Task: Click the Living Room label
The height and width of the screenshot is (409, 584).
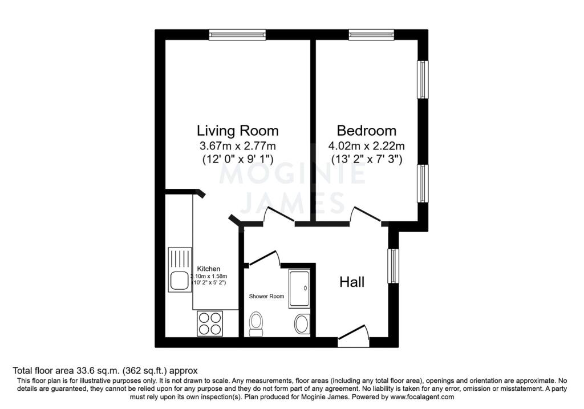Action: click(238, 131)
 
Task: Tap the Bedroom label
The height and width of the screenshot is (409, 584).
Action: click(367, 131)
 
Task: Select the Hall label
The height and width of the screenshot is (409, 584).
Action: click(352, 282)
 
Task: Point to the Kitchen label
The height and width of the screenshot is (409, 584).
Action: click(209, 269)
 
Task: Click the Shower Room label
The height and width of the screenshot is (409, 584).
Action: click(266, 297)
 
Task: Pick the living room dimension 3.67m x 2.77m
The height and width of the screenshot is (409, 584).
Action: click(238, 145)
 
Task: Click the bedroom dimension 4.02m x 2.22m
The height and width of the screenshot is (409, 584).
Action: click(367, 145)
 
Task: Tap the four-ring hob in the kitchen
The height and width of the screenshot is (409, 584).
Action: click(210, 323)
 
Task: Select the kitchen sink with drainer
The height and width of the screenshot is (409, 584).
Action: click(180, 270)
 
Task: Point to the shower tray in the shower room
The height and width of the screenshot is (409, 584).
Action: click(299, 289)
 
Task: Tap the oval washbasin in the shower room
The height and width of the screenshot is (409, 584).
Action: click(301, 324)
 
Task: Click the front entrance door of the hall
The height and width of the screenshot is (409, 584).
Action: click(354, 334)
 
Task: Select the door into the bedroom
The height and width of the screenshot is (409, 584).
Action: click(366, 216)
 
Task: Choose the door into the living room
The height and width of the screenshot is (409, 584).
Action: click(279, 216)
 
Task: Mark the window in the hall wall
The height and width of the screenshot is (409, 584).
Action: click(393, 266)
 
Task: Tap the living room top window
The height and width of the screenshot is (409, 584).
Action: click(238, 35)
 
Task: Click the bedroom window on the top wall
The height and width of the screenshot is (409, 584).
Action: click(371, 35)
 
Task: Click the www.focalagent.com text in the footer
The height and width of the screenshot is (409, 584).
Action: click(422, 397)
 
